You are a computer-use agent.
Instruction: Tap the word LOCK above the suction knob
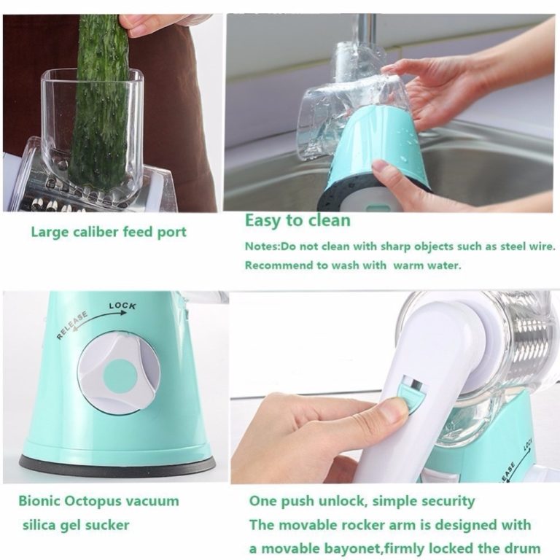(x=122, y=306)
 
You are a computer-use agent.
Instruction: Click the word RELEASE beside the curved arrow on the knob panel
(x=71, y=325)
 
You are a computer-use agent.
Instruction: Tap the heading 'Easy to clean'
(x=297, y=220)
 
